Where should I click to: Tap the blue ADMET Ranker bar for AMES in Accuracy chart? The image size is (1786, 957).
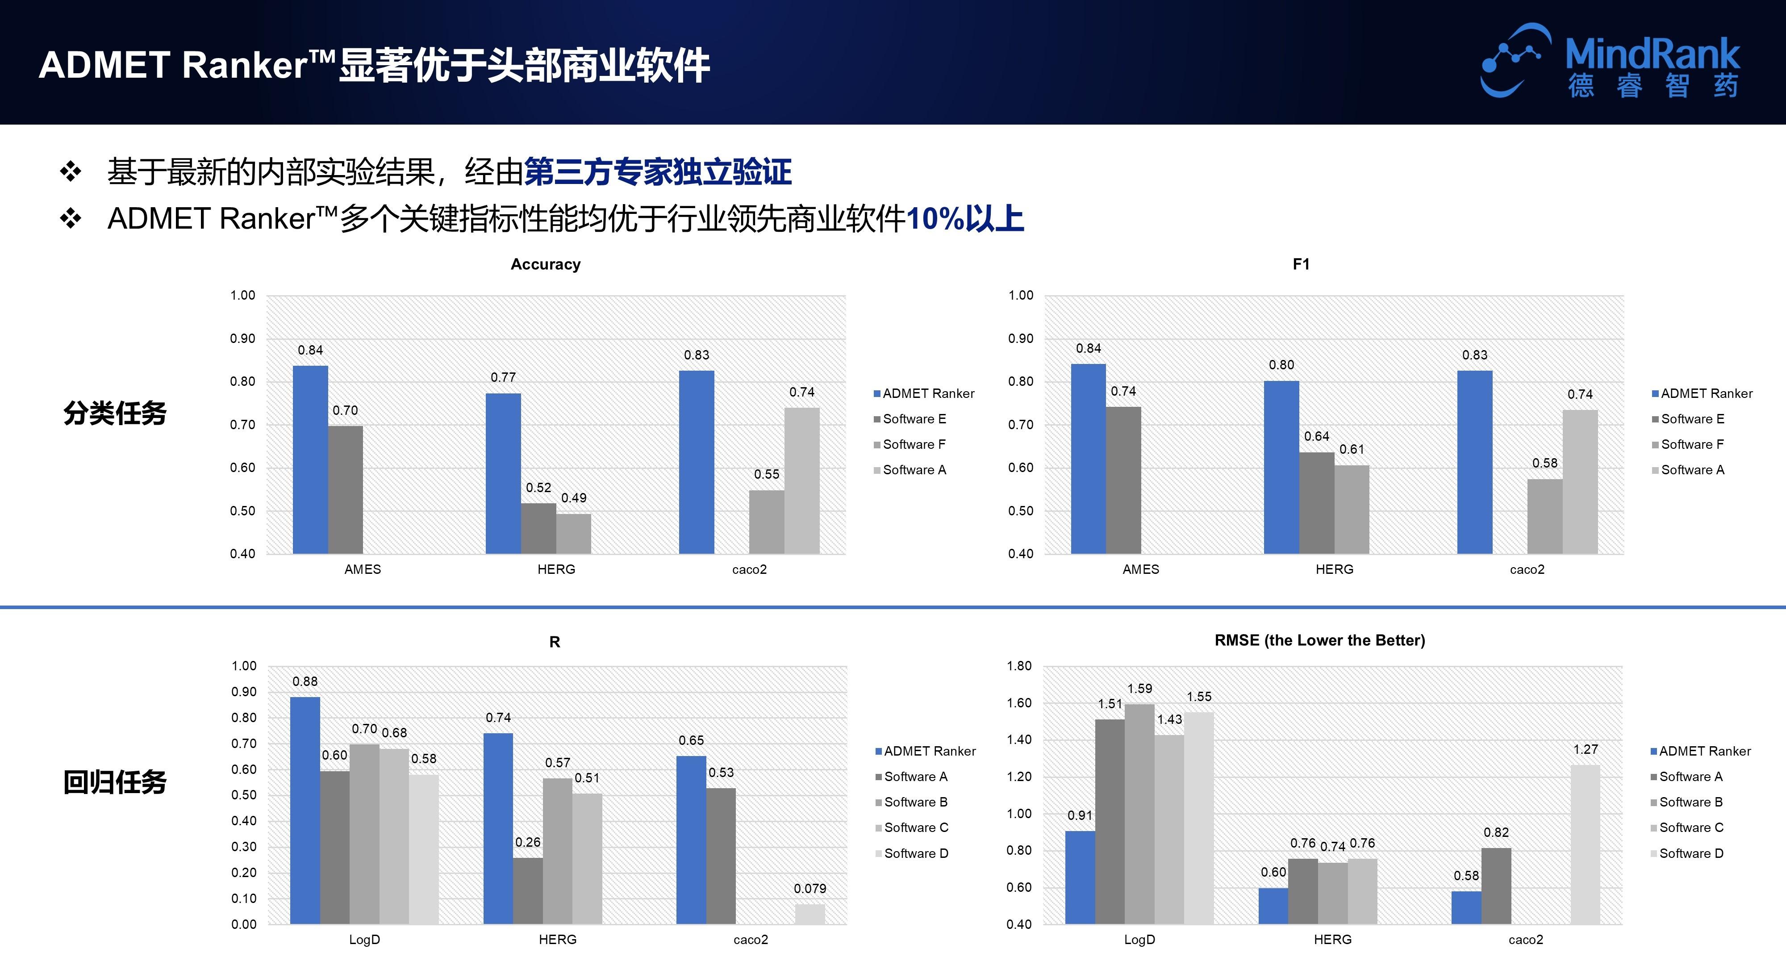310,459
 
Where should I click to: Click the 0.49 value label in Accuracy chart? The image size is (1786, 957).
573,498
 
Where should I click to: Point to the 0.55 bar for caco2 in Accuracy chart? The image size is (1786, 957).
766,522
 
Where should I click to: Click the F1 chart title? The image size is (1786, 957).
1301,264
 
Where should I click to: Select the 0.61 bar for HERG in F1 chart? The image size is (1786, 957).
1351,509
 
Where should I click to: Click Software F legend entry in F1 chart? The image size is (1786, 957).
1692,444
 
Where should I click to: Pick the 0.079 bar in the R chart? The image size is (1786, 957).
810,914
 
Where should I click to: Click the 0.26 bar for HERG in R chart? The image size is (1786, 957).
528,890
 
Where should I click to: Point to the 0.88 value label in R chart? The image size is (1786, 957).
305,681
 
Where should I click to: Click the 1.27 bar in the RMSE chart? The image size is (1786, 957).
1585,844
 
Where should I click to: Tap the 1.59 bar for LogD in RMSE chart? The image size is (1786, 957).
1139,814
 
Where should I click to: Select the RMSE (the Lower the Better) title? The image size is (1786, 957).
1319,640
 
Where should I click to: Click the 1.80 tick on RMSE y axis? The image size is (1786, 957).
1019,666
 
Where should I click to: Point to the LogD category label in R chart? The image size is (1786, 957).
364,940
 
